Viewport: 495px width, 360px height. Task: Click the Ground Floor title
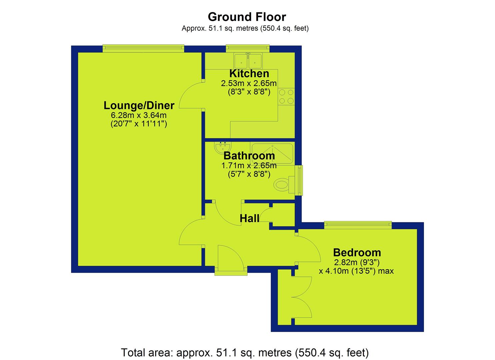pos(247,17)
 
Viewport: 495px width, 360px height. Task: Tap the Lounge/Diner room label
pos(139,105)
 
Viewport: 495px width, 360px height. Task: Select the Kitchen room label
pos(249,74)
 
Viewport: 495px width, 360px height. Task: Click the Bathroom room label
pos(249,156)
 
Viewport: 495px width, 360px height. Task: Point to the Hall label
pos(249,219)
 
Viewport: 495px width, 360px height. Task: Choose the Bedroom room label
pos(357,253)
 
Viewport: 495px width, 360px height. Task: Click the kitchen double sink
pos(248,61)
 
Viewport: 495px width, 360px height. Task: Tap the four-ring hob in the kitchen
pos(286,97)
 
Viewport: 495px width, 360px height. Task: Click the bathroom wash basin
pos(223,147)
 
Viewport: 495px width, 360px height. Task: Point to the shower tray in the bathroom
pos(272,153)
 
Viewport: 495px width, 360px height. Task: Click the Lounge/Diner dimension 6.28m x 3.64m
pos(139,115)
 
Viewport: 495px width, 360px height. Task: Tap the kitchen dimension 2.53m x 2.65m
pos(249,84)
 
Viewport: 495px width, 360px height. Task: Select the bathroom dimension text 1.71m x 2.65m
pos(249,166)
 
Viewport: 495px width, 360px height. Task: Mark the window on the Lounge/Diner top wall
pos(143,48)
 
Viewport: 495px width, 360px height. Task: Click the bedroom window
pos(358,225)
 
